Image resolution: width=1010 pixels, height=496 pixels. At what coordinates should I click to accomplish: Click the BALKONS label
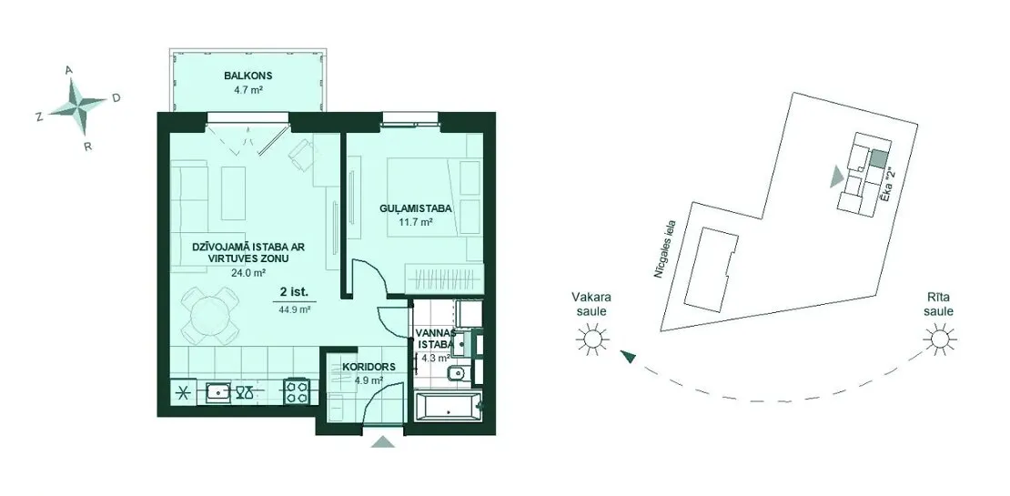tap(248, 76)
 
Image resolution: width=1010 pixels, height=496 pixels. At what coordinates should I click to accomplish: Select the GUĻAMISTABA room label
tap(415, 208)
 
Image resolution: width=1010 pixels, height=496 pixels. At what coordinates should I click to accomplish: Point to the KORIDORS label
tap(365, 367)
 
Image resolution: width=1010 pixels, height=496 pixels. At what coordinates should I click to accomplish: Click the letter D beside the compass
tap(116, 98)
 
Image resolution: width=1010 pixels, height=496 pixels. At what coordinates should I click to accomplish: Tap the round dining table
tap(209, 316)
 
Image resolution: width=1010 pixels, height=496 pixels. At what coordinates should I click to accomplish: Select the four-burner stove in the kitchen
tap(297, 390)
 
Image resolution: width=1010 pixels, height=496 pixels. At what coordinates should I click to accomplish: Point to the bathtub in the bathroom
tap(449, 406)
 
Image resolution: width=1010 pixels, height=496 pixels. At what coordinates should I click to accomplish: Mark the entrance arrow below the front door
tap(383, 441)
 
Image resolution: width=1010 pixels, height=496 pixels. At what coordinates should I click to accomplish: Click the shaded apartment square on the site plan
tap(878, 158)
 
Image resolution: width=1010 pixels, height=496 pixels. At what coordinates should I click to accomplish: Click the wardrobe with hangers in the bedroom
tap(443, 278)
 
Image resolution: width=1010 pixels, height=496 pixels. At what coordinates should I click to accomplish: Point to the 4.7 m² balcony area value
tap(248, 90)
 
